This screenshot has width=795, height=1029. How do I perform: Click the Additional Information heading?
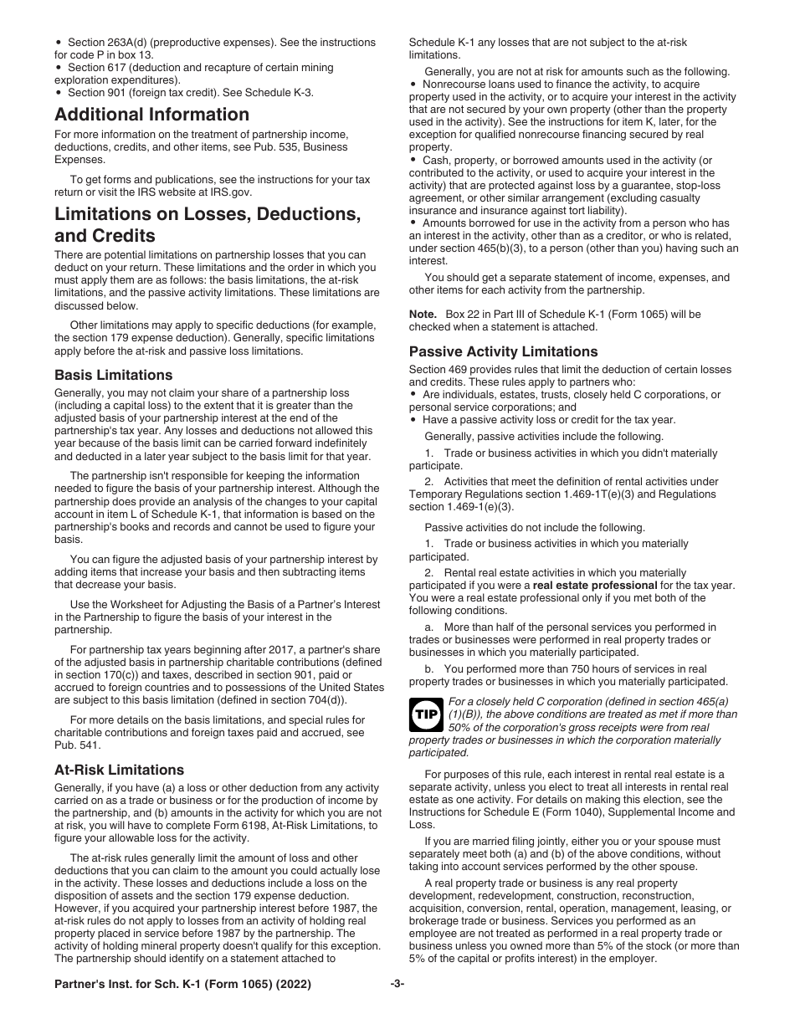point(151,115)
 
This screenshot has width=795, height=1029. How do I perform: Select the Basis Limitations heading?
point(114,375)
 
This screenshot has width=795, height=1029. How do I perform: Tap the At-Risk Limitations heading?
point(119,770)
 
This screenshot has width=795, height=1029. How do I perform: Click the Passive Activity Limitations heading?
point(503,351)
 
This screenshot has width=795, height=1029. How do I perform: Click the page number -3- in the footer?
point(397,985)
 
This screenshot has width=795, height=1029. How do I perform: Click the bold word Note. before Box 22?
point(423,314)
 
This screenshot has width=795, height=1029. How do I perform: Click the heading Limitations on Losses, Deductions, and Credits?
point(208,224)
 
